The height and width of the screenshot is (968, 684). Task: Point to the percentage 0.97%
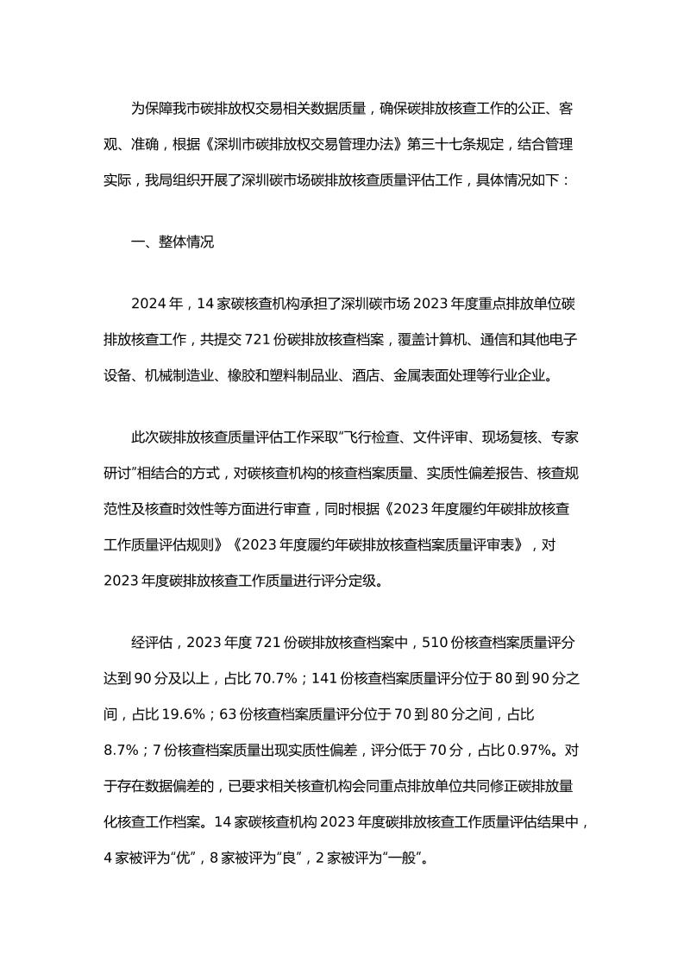(x=526, y=750)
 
